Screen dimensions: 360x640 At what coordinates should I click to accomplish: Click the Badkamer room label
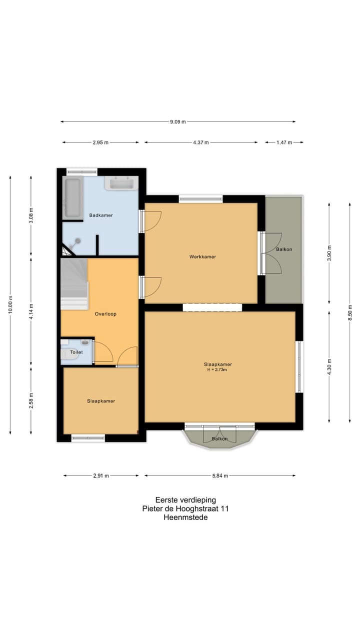tap(101, 215)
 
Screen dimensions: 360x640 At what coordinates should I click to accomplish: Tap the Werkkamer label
tap(202, 257)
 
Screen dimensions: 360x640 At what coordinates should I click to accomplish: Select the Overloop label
tap(105, 314)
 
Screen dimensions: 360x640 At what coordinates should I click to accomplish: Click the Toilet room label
tap(76, 352)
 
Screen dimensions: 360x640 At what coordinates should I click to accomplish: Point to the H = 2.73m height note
tap(217, 369)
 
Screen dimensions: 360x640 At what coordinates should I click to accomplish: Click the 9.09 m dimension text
tap(178, 121)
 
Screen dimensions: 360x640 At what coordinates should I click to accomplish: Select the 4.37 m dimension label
tap(201, 142)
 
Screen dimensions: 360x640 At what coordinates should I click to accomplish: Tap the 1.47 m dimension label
tap(284, 142)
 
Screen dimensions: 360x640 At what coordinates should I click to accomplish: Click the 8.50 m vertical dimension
tap(350, 312)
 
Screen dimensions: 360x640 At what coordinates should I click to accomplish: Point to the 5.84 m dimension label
tap(220, 475)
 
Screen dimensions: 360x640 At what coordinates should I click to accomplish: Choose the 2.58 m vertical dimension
tap(31, 400)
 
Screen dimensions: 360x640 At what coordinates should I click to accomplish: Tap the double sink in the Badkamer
tap(121, 183)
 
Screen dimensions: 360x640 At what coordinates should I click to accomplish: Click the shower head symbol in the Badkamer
tap(77, 241)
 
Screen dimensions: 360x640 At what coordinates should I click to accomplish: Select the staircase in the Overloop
tap(73, 284)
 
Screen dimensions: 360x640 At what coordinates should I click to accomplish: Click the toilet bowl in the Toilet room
tap(66, 353)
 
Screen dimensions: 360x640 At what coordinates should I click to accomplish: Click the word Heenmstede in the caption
tap(185, 517)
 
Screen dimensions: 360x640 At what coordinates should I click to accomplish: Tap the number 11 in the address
tap(225, 508)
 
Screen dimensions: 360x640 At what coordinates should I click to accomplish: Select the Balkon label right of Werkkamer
tap(284, 249)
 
